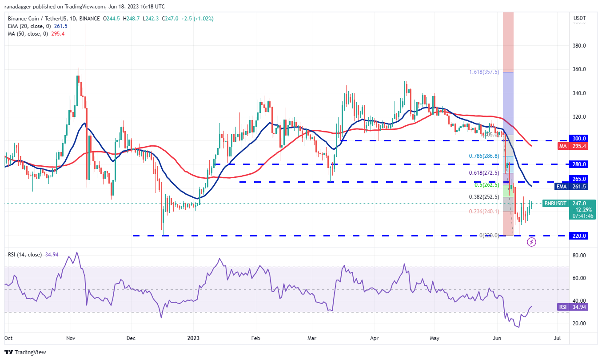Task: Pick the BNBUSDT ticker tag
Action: point(555,204)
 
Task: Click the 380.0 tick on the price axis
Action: point(579,46)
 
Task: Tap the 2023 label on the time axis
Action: point(194,338)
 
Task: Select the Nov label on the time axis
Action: point(71,338)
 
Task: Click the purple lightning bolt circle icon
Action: point(532,242)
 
